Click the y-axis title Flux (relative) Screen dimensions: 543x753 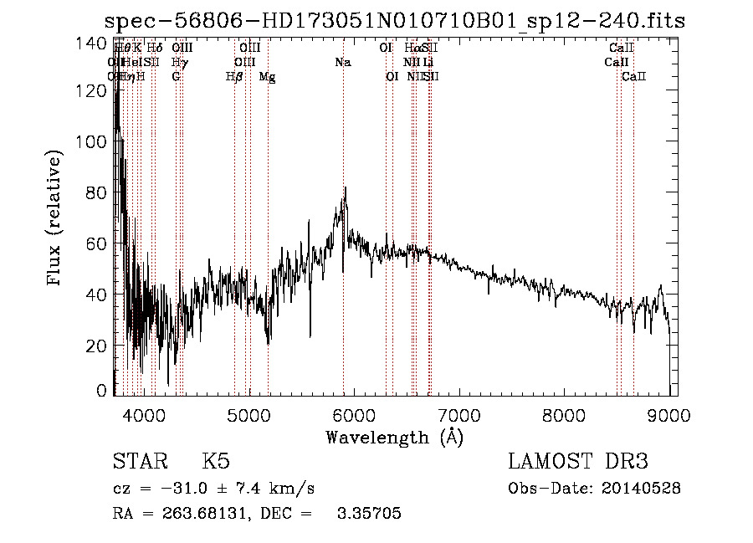[x=56, y=219]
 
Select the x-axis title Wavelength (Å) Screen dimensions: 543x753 [x=394, y=437]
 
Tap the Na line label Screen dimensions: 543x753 [x=342, y=63]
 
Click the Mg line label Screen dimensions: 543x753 [x=267, y=77]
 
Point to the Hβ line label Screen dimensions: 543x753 [x=234, y=77]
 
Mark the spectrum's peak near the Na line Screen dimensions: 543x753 [x=345, y=188]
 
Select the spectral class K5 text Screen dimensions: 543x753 [x=216, y=463]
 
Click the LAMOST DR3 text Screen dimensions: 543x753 [x=578, y=463]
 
